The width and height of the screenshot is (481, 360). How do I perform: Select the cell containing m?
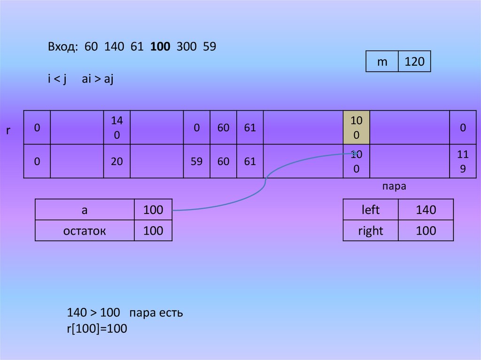click(x=382, y=61)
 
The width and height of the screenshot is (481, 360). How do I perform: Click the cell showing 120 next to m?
click(x=414, y=61)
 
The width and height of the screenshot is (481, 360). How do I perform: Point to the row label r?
click(x=8, y=130)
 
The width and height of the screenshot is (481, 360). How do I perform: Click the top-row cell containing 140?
click(x=117, y=128)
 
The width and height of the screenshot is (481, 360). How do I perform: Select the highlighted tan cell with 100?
click(x=357, y=128)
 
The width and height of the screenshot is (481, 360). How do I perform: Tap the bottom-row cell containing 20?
click(x=117, y=161)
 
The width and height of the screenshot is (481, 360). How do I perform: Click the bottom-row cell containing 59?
click(x=197, y=161)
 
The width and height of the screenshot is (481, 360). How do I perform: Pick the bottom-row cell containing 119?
click(x=463, y=161)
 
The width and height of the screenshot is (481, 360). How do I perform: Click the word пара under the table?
click(x=394, y=186)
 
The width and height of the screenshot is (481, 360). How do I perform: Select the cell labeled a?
click(x=85, y=210)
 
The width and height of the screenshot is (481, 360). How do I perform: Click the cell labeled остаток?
click(x=85, y=230)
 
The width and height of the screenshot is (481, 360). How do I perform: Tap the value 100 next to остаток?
click(x=153, y=230)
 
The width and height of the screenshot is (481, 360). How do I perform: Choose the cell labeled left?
click(x=371, y=210)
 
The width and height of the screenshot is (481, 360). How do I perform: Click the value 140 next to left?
click(x=426, y=210)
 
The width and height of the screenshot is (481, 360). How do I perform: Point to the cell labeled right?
click(x=371, y=230)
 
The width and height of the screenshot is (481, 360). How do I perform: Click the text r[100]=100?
click(x=97, y=329)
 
